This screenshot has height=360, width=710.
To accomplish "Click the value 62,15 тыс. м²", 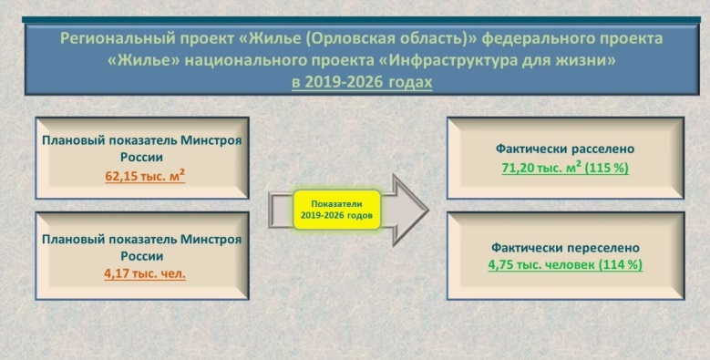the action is click(x=145, y=175).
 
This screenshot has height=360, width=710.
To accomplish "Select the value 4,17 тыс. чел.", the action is click(x=145, y=274).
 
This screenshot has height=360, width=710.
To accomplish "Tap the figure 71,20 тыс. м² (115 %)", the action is click(x=565, y=168).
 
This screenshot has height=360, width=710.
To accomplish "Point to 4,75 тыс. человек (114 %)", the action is click(x=565, y=265).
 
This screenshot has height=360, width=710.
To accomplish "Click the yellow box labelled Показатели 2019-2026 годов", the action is click(x=337, y=210).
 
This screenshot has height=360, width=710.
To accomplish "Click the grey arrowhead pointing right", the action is click(x=410, y=211).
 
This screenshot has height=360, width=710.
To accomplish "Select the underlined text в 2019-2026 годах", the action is click(x=362, y=82).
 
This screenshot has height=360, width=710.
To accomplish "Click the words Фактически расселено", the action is click(x=565, y=149).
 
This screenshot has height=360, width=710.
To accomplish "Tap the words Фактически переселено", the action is click(x=566, y=248).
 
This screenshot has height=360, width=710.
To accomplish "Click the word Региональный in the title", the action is click(x=117, y=39).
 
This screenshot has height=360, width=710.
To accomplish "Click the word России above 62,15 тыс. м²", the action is click(x=142, y=158).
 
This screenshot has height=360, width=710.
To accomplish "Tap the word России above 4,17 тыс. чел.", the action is click(x=142, y=256).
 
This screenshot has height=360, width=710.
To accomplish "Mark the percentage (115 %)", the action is click(x=606, y=168).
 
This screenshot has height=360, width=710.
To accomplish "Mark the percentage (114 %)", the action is click(x=621, y=265).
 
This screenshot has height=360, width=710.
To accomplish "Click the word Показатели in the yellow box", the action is click(x=337, y=204).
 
